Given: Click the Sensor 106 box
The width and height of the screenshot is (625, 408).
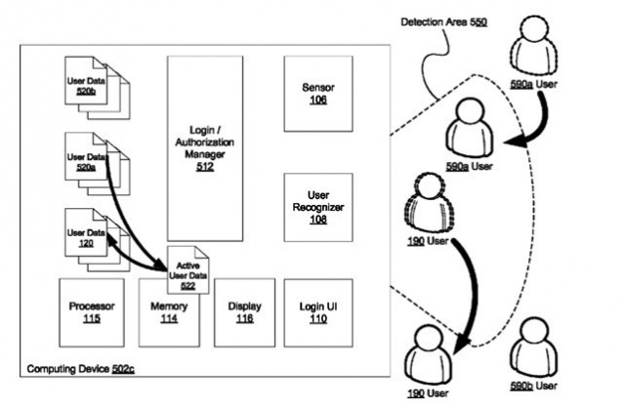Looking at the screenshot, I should click(318, 94).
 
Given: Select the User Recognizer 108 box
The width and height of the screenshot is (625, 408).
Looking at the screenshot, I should click(318, 207).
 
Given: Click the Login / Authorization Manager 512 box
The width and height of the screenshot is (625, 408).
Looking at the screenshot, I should click(205, 146).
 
